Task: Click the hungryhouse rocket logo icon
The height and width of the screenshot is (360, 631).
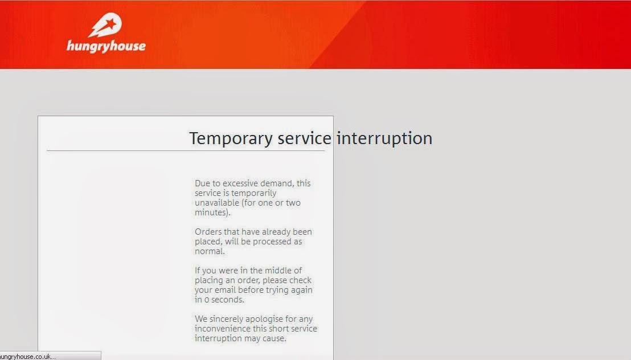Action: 105,25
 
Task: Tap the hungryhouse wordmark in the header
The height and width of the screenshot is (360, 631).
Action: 106,46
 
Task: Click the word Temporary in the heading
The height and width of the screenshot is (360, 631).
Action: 231,139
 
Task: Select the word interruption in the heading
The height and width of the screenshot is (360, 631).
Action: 385,139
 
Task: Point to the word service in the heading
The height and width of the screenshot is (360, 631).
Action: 305,138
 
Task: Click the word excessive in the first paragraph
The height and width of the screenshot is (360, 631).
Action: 241,183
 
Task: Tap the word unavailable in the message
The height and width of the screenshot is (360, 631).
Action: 217,203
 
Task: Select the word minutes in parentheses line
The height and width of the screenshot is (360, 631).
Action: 212,212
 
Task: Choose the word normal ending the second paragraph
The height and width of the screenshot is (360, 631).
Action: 209,251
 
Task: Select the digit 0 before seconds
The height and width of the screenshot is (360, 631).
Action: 207,300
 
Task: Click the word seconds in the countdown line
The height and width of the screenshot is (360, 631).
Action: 227,300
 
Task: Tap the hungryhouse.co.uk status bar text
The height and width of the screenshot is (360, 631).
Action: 28,357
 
